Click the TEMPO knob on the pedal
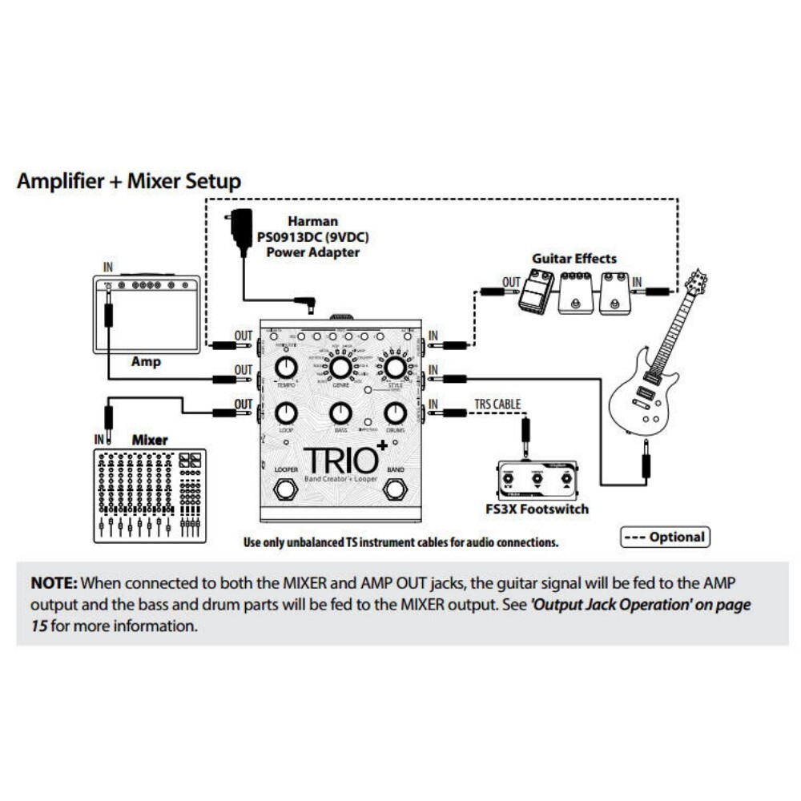tap(286, 368)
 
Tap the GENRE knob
tap(340, 368)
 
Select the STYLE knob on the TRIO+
tap(394, 368)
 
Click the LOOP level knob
tap(286, 413)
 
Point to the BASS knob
tap(340, 413)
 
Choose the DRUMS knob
tap(394, 413)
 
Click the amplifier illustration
tap(146, 314)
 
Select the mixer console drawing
tap(149, 495)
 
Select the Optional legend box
tap(666, 537)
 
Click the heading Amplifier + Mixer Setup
tap(128, 181)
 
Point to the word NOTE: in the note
tap(54, 582)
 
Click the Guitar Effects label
tap(574, 259)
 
